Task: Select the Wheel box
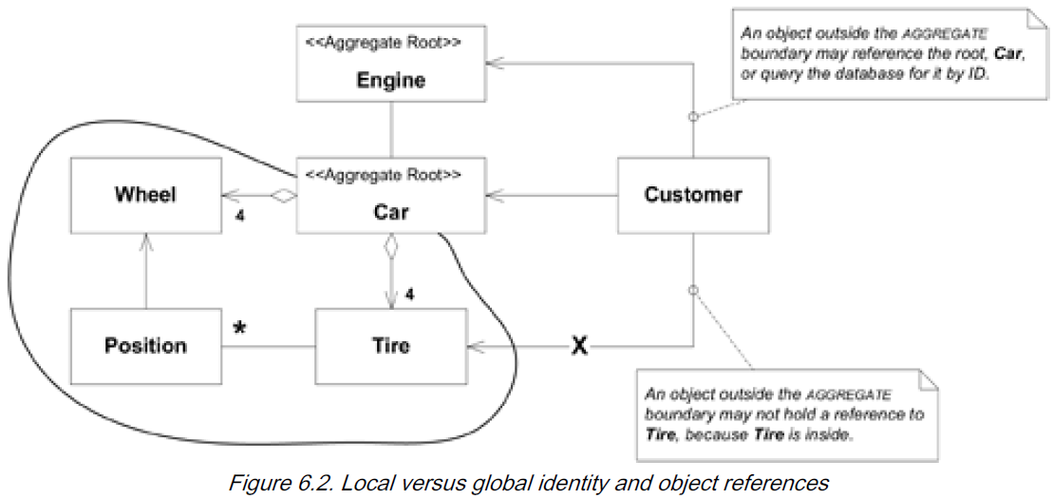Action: tap(146, 196)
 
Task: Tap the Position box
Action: tap(145, 345)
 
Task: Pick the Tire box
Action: tap(390, 345)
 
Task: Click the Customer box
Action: tap(692, 196)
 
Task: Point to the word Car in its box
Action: tap(391, 211)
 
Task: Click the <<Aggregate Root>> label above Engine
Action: tap(383, 44)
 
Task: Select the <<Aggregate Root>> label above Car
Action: tap(383, 175)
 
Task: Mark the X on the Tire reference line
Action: tap(578, 347)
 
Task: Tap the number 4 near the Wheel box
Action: tap(240, 216)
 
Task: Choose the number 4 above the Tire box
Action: tap(410, 296)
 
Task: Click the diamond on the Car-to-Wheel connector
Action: tap(282, 196)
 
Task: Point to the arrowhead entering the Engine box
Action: tap(494, 64)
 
